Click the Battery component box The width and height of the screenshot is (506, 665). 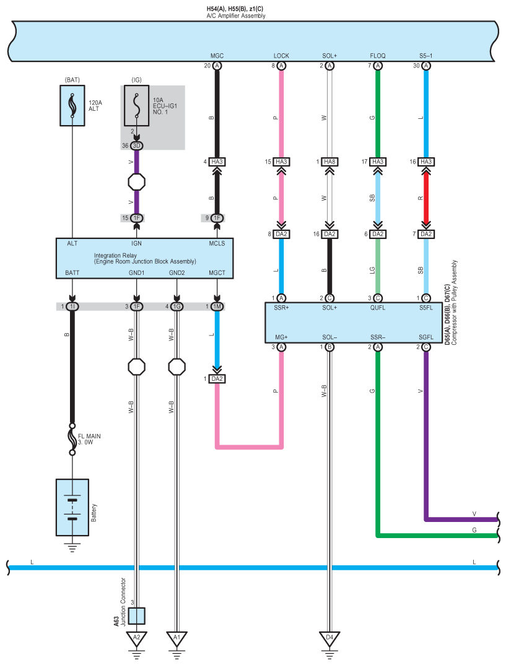tap(72, 507)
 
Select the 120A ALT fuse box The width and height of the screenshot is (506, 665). tap(72, 106)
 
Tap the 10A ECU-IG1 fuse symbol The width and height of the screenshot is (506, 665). tap(137, 106)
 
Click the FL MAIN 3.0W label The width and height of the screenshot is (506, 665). tap(89, 439)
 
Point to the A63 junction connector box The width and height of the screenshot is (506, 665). tap(137, 616)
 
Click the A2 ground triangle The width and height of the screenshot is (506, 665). tap(137, 638)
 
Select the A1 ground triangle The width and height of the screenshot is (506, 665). tap(177, 638)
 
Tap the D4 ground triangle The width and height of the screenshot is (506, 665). tap(329, 638)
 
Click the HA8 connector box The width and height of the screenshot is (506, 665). tap(329, 162)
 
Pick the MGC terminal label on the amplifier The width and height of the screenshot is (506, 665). tap(217, 56)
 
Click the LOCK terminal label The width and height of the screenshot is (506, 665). tap(281, 56)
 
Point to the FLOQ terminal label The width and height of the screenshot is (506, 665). tap(378, 56)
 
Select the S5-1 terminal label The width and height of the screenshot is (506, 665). tap(426, 56)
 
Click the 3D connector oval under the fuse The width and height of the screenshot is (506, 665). tap(137, 146)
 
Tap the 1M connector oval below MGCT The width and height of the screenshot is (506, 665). tap(217, 306)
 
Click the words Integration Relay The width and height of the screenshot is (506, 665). tap(115, 255)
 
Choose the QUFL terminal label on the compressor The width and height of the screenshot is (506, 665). tap(378, 308)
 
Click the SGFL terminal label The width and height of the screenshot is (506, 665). tap(426, 337)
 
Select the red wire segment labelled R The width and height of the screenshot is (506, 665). tap(426, 198)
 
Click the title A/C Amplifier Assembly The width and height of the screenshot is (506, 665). tap(236, 15)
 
